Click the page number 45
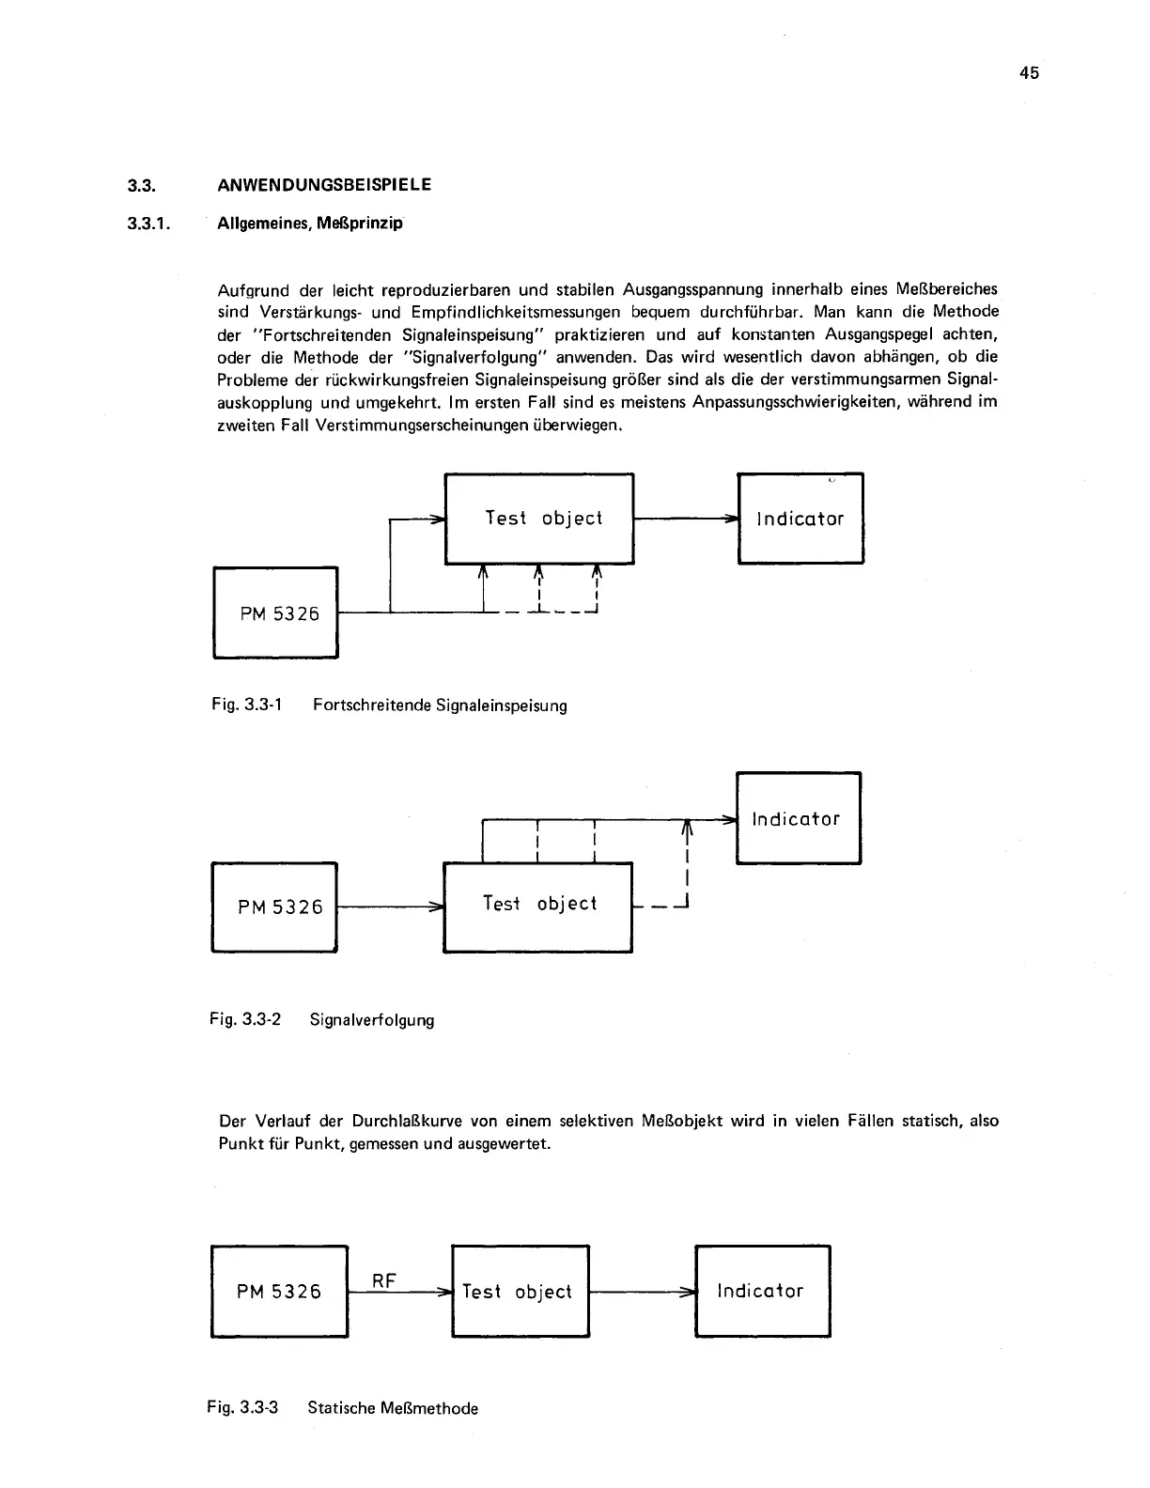[1029, 73]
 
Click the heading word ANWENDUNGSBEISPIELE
[324, 185]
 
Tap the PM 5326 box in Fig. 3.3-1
[275, 612]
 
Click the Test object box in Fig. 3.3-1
[539, 519]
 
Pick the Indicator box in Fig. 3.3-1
[800, 519]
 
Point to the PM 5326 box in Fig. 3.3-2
[274, 907]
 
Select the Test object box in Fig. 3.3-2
[537, 906]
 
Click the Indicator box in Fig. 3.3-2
[798, 818]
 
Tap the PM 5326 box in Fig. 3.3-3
[279, 1292]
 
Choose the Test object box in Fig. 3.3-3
[520, 1292]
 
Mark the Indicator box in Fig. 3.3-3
[762, 1292]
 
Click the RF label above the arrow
[384, 1280]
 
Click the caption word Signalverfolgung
[372, 1019]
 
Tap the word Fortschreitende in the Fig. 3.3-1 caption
[372, 705]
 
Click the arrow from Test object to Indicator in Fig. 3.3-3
[642, 1292]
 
